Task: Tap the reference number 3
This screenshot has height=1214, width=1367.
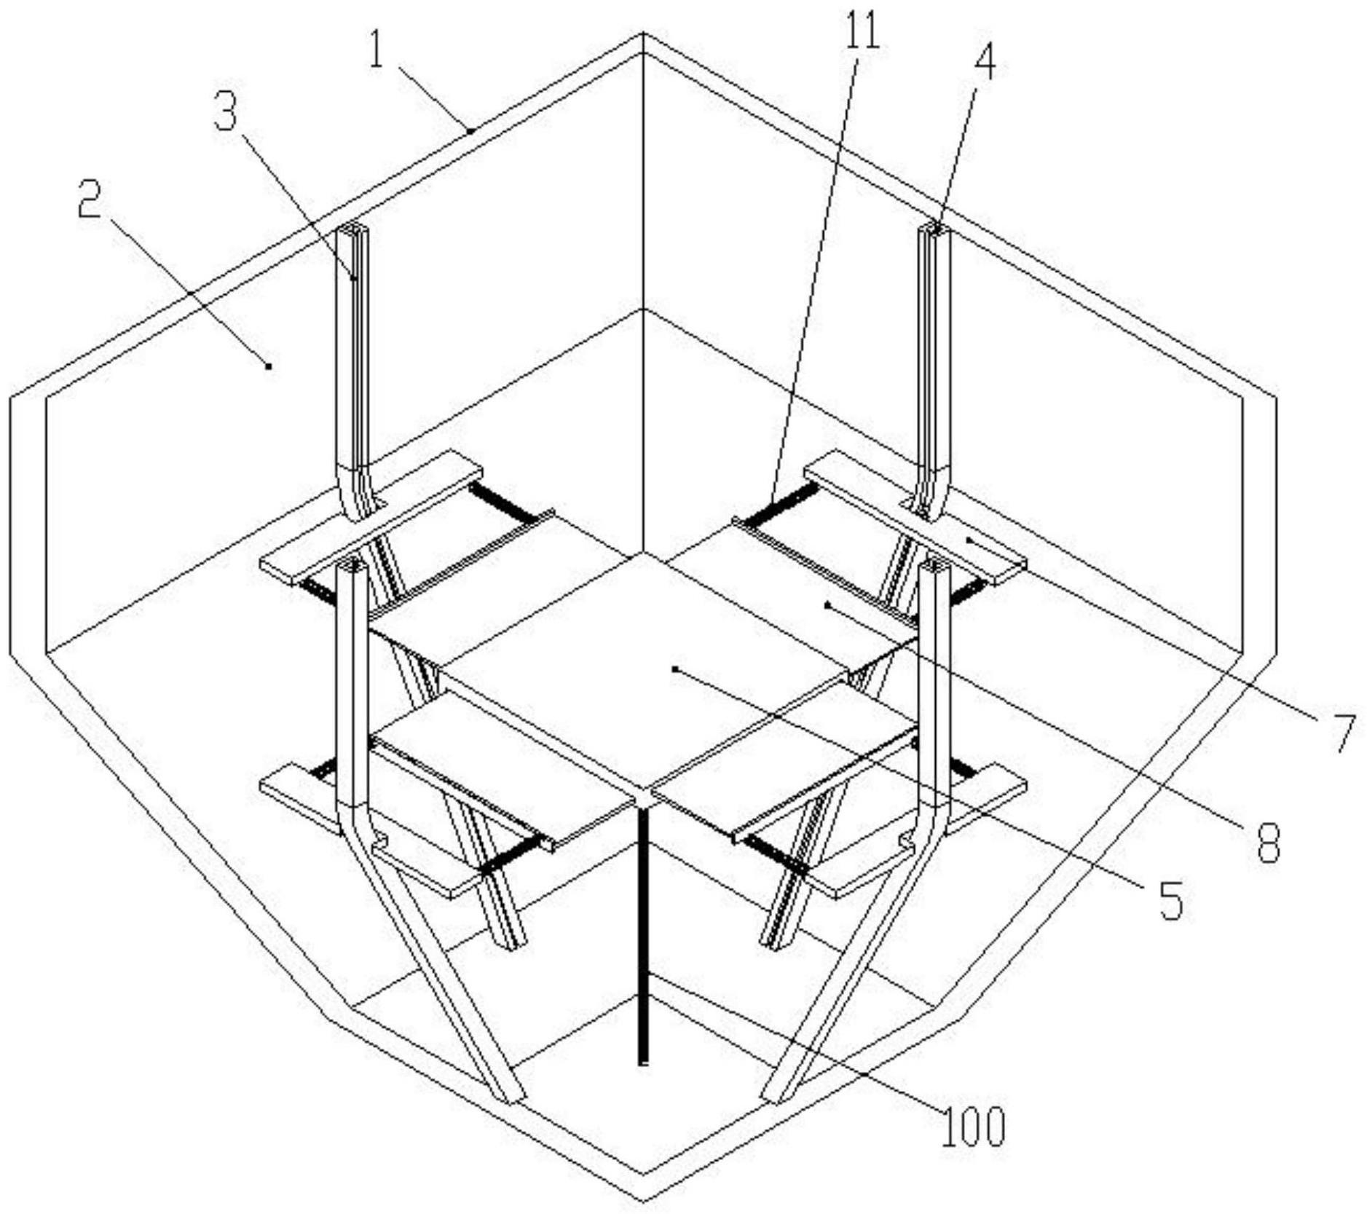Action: point(226,113)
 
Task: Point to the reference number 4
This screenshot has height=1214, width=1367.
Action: point(984,63)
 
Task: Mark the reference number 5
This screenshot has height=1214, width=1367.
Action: point(1170,900)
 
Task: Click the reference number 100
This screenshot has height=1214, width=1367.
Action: point(974,1126)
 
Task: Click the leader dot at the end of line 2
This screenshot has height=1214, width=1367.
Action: point(269,366)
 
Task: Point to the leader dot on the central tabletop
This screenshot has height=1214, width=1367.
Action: point(676,668)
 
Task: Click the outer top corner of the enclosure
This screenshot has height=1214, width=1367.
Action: point(642,33)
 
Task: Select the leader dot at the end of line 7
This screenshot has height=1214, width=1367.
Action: point(969,539)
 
